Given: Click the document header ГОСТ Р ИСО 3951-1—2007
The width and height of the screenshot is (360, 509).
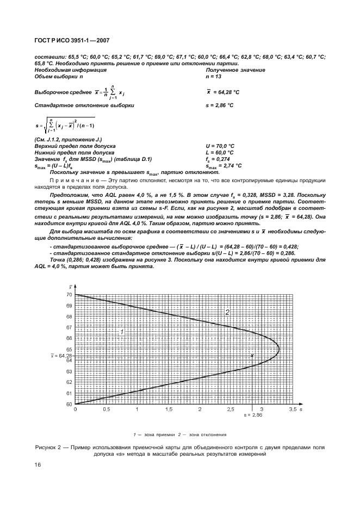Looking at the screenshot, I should coord(72,40).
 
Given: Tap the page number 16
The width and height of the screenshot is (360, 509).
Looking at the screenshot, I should coord(38,464).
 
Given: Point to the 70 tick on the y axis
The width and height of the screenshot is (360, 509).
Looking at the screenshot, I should coord(69,295).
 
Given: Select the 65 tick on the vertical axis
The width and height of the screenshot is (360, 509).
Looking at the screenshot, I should coord(69,350).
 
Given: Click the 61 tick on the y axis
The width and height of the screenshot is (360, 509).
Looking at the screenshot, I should coord(69,393).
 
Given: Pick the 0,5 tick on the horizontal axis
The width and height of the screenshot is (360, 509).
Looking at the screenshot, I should coord(107,409).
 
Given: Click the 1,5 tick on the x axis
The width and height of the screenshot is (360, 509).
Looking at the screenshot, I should coord(169,409).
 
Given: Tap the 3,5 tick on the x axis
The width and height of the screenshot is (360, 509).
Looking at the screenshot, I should coord(292,409).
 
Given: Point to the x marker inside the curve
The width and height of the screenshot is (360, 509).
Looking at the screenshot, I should coord(252,355).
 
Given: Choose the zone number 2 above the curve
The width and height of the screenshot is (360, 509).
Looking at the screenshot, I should coord(228,312).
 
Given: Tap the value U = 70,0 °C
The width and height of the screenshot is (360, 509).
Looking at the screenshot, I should coord(220,146).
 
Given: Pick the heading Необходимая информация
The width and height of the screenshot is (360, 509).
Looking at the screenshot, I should coord(70,70).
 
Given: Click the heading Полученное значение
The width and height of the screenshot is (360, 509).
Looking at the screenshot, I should coord(235,70).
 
